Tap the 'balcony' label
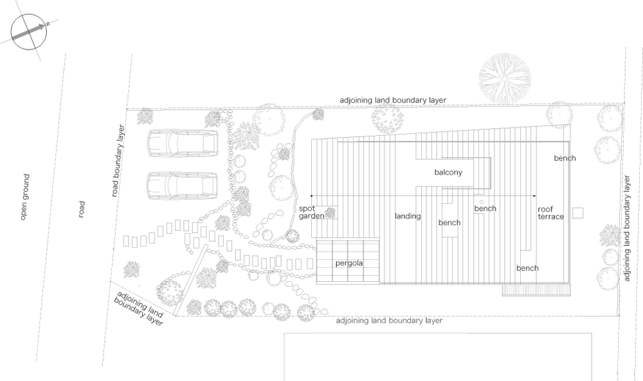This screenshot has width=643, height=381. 448,173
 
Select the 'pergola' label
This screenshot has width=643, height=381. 349,264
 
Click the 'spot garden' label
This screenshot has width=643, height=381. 311,212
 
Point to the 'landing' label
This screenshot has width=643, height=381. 408,216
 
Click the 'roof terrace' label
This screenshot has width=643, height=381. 550,212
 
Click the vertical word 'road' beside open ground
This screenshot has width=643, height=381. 82,209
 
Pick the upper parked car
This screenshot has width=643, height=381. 183,143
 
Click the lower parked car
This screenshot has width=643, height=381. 183,186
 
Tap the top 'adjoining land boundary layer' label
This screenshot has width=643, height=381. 393,100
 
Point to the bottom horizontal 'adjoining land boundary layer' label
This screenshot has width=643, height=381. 389,320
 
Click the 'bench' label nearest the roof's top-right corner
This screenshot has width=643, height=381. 564,158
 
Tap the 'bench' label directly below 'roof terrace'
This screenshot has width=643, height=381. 527,268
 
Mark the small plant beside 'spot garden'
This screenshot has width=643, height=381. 331,213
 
